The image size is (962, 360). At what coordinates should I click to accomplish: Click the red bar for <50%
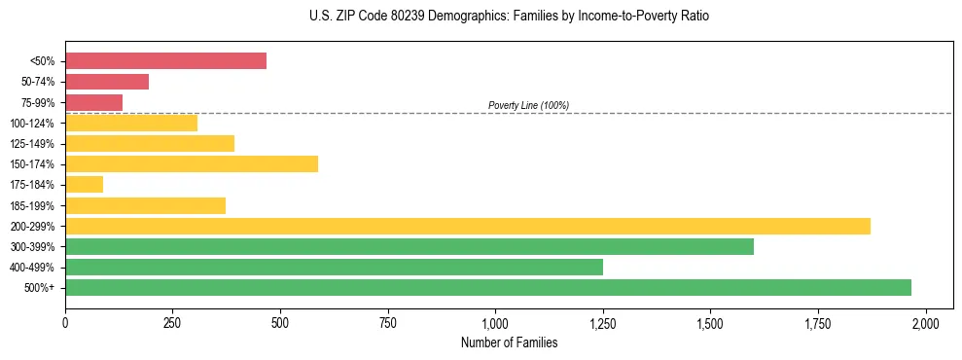point(165,61)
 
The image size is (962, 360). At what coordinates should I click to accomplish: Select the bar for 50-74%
point(107,82)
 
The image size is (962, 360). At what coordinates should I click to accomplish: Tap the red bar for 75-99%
point(93,102)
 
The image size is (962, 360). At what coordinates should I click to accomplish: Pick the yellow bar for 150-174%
point(192,164)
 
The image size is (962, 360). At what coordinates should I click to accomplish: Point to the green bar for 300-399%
point(410,247)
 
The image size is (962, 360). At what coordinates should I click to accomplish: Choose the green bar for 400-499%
point(334,268)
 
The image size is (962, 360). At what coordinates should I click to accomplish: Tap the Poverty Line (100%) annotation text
point(528,105)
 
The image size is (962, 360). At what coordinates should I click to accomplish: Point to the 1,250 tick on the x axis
point(603,322)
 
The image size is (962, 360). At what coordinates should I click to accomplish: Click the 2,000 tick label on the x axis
point(926,322)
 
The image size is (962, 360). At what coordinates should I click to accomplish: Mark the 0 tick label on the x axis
point(65,322)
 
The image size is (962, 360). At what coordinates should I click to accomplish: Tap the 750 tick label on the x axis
point(388,322)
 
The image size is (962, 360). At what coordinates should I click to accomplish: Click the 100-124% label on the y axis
point(32,124)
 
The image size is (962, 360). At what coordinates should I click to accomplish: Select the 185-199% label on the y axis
point(32,206)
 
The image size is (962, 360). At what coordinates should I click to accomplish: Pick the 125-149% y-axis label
point(32,144)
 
